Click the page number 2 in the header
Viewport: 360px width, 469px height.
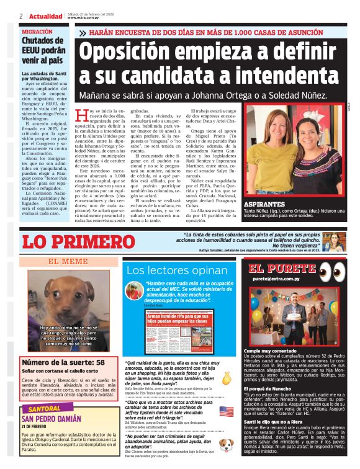pyautogui.click(x=20, y=16)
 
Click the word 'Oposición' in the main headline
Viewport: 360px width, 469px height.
pyautogui.click(x=140, y=51)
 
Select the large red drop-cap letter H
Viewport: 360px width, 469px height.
pyautogui.click(x=79, y=115)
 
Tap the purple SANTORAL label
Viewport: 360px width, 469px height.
pyautogui.click(x=45, y=409)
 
